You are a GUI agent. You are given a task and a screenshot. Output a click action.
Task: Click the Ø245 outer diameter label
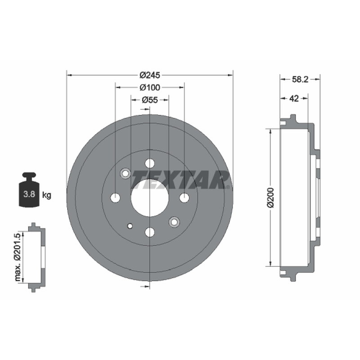(150, 75)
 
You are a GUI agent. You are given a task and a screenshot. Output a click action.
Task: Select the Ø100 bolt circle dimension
(150, 87)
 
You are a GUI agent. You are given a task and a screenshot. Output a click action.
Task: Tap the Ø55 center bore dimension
(150, 100)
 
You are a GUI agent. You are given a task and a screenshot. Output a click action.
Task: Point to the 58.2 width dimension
(300, 80)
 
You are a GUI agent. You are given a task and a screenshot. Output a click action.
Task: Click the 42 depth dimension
(294, 99)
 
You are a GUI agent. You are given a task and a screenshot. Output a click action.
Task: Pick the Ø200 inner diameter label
(271, 198)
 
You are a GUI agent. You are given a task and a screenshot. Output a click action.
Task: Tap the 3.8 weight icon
(29, 190)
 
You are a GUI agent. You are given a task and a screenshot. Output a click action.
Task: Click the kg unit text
(47, 195)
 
